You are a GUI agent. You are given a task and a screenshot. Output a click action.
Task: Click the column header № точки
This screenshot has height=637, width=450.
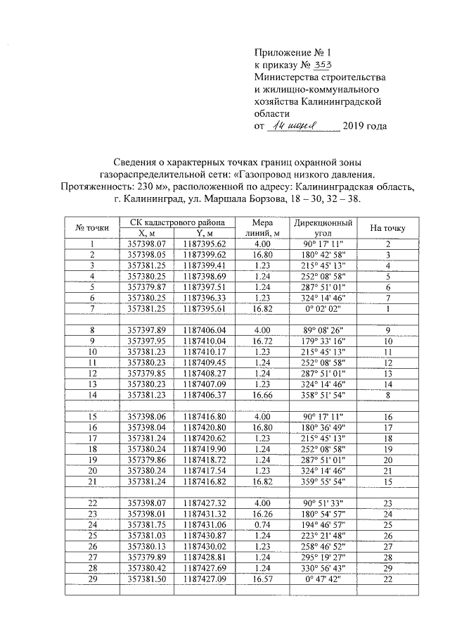click(x=92, y=227)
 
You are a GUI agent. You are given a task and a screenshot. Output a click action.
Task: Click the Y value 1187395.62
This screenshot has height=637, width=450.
click(x=204, y=244)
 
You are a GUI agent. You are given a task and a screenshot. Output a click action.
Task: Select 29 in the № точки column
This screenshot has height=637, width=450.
click(x=92, y=579)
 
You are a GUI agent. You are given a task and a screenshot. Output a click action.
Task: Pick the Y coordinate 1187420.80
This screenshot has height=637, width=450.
click(x=204, y=427)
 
